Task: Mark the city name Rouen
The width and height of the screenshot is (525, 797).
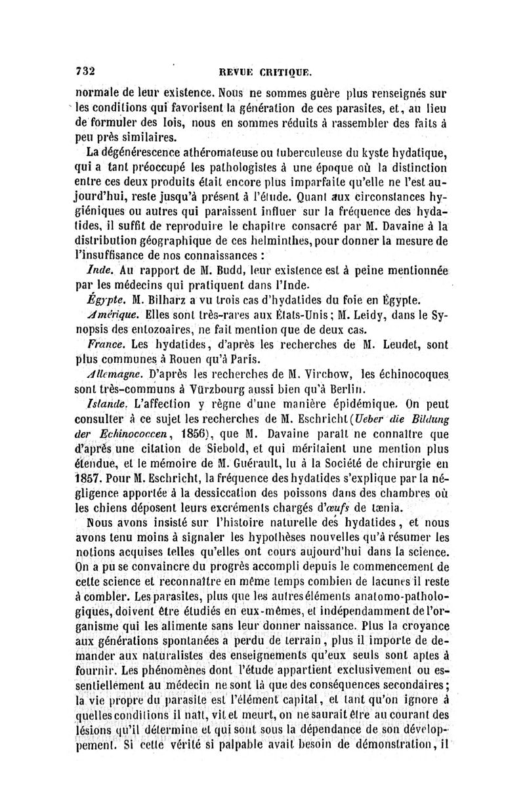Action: point(189,360)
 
